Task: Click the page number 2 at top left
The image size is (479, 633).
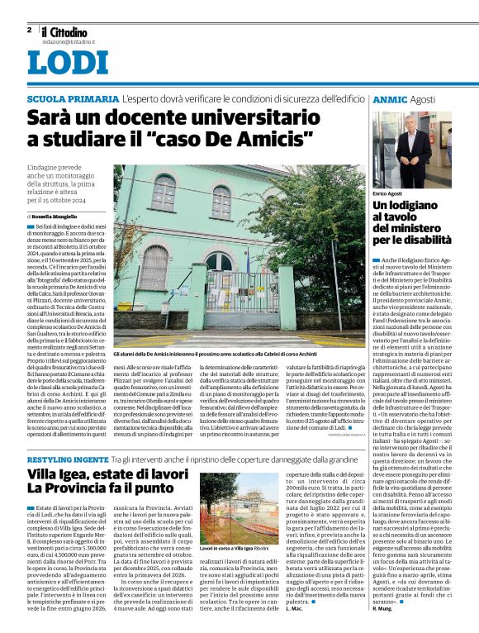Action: [29, 30]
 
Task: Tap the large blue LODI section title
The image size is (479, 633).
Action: [68, 63]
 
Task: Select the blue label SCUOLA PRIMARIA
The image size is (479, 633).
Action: [72, 99]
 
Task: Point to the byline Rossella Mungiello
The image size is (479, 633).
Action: [64, 216]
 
